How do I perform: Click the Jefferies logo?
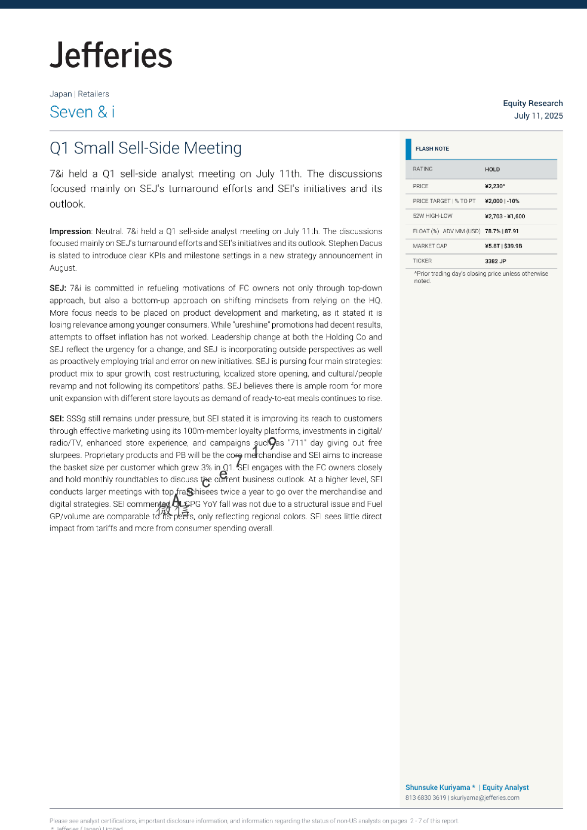(111, 55)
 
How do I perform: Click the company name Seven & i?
(82, 112)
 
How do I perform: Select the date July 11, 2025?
(538, 116)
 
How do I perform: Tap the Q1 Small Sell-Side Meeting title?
(146, 148)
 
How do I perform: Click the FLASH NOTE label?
(432, 149)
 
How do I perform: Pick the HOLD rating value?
(492, 169)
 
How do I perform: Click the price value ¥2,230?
(495, 186)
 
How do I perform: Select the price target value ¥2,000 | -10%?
(502, 201)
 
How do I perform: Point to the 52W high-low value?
(504, 216)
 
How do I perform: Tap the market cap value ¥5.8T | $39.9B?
(503, 246)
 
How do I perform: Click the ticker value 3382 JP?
(495, 261)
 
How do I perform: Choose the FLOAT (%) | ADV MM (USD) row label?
(446, 231)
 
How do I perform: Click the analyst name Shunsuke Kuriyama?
(437, 788)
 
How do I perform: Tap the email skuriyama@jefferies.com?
(485, 797)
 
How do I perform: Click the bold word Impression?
(70, 231)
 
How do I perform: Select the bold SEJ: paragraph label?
(58, 288)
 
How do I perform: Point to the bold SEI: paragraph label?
(57, 418)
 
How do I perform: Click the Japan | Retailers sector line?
(79, 94)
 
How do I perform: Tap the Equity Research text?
(533, 103)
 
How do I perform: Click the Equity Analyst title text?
(505, 788)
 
